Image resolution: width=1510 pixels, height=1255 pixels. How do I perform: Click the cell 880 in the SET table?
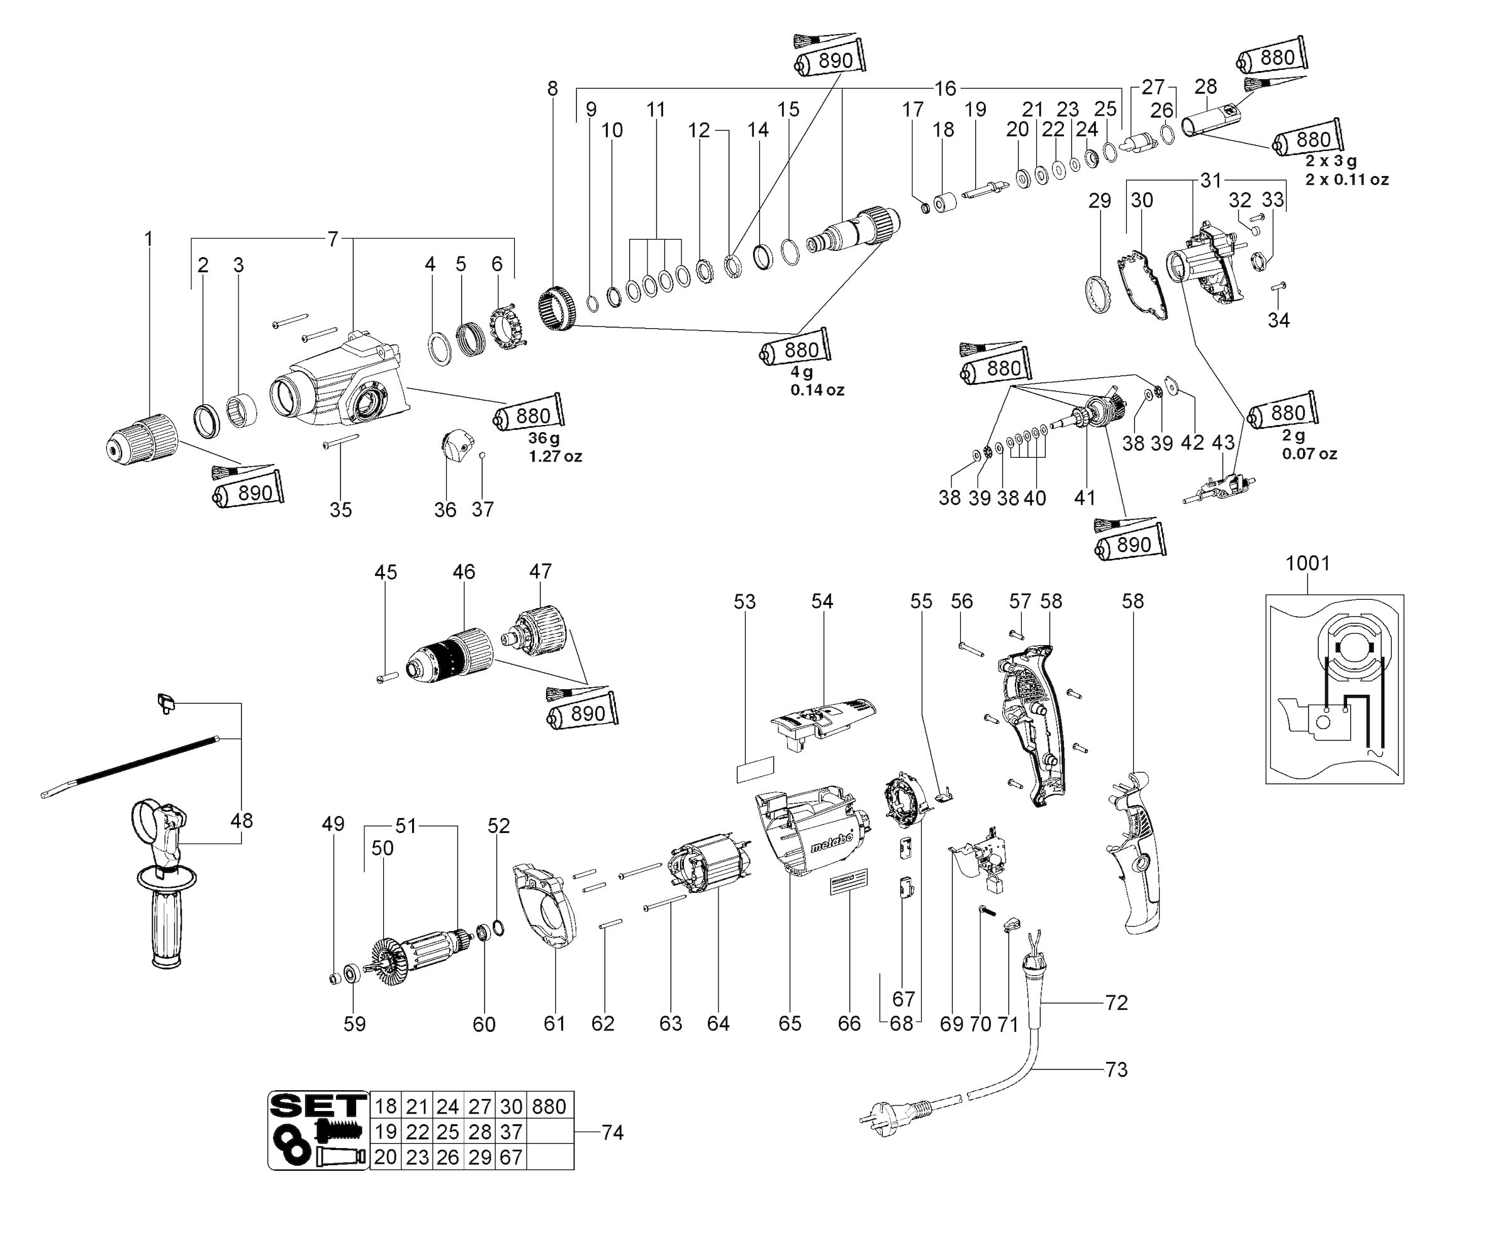pyautogui.click(x=549, y=1106)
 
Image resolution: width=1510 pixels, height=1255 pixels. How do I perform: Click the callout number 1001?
pyautogui.click(x=1307, y=563)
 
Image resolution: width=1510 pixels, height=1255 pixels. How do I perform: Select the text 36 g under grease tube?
pyautogui.click(x=544, y=438)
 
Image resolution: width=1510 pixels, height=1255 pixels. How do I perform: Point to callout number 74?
pyautogui.click(x=612, y=1133)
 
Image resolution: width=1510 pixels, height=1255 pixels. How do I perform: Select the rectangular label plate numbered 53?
pyautogui.click(x=754, y=769)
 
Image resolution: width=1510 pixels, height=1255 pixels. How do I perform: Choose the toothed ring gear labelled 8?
pyautogui.click(x=557, y=308)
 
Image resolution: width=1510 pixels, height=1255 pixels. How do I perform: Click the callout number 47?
pyautogui.click(x=540, y=572)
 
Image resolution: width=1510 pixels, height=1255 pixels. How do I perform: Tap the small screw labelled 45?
pyautogui.click(x=388, y=677)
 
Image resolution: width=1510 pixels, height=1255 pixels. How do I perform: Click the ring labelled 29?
pyautogui.click(x=1099, y=294)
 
